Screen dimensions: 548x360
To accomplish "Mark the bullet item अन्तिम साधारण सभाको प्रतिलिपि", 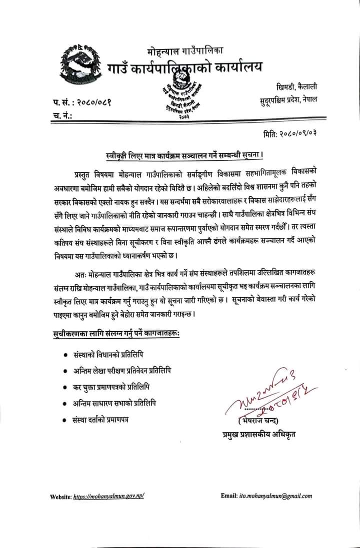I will (113, 404).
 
